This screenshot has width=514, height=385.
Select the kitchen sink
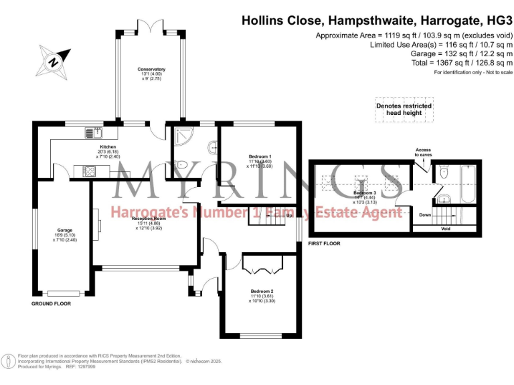[x=91, y=134]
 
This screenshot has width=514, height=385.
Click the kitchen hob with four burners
[x=89, y=171]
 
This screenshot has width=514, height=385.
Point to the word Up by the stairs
[x=289, y=216]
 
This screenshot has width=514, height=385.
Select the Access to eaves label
[x=423, y=152]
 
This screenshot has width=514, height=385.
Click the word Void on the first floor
[x=446, y=228]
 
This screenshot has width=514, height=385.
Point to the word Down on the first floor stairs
[x=424, y=215]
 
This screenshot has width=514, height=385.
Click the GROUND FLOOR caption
[x=52, y=303]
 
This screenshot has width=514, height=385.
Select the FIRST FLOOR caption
[x=324, y=243]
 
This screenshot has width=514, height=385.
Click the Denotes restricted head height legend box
[x=404, y=110]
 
